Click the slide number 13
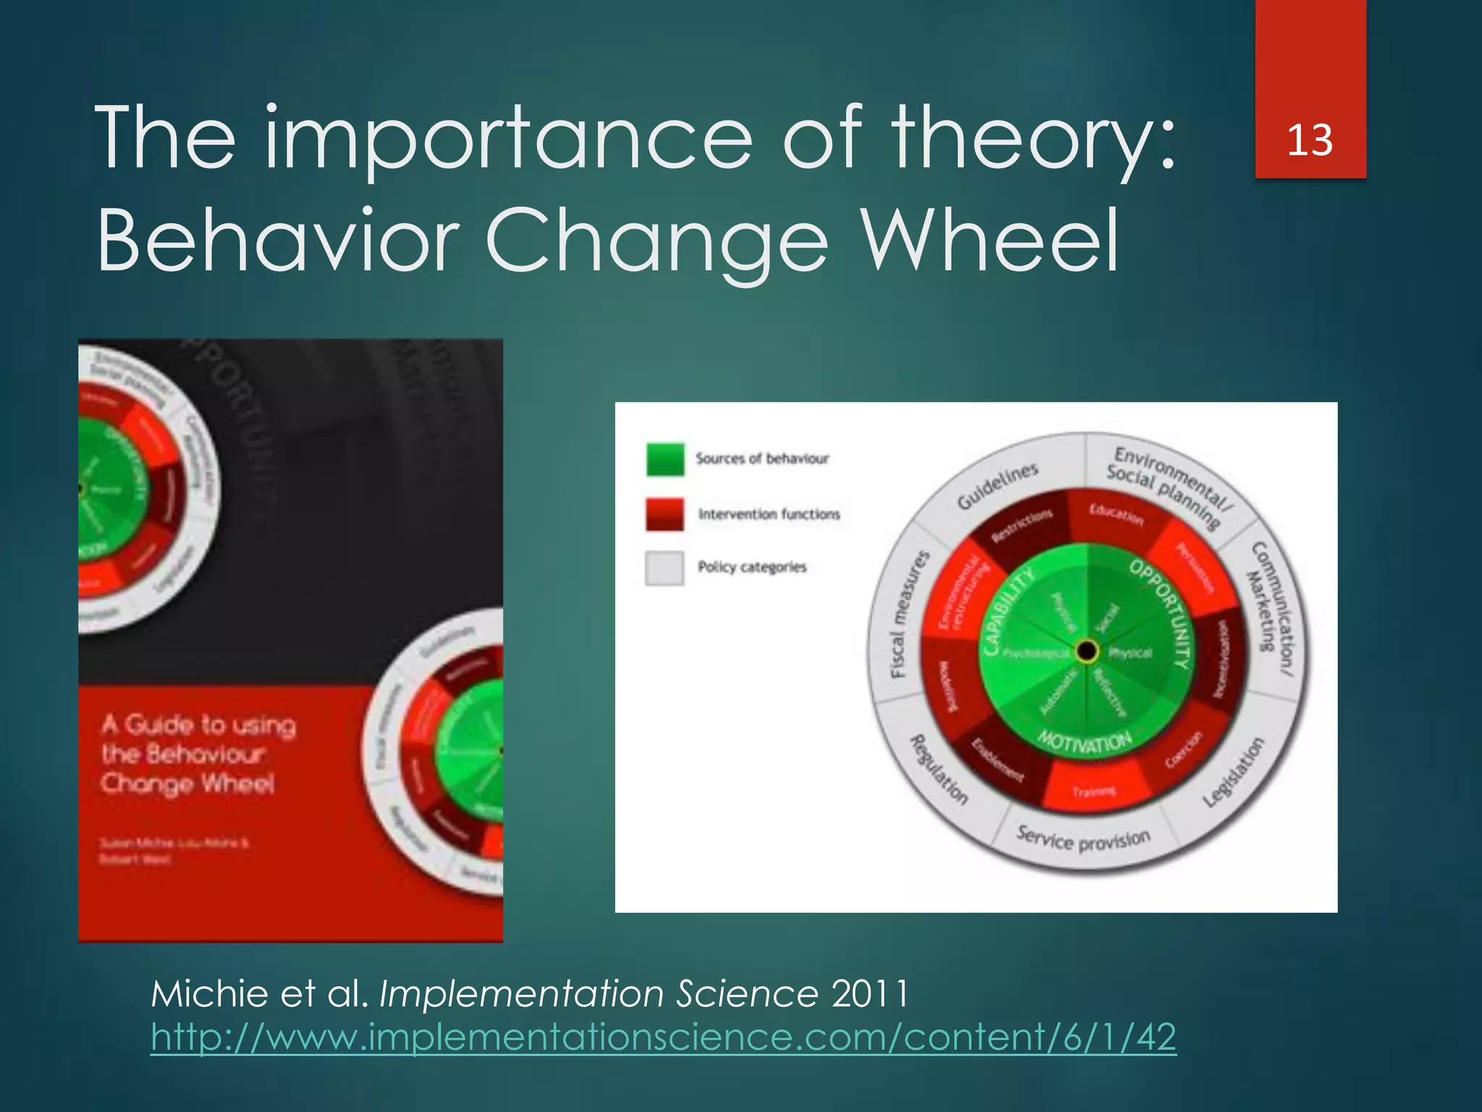point(1310,140)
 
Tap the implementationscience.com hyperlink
point(663,1037)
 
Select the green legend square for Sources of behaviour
point(664,459)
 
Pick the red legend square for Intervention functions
point(664,514)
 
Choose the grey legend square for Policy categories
point(664,568)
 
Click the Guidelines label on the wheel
point(997,486)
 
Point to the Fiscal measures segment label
point(907,615)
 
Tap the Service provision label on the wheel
point(1083,840)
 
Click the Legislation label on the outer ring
point(1235,772)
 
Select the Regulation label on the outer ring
point(938,770)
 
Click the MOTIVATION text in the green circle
point(1084,742)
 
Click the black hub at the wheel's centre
point(1086,651)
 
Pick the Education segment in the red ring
point(1117,515)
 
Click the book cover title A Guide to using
point(199,725)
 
